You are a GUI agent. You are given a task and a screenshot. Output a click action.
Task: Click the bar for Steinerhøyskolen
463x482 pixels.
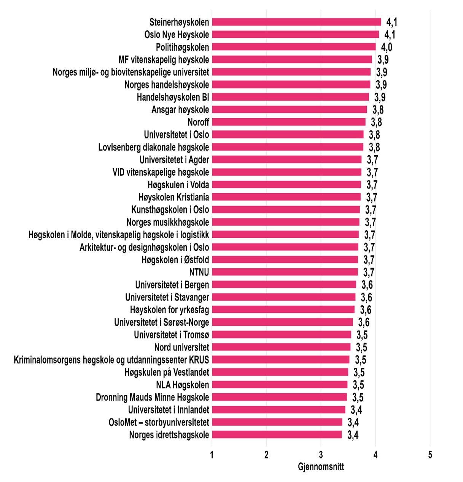296,22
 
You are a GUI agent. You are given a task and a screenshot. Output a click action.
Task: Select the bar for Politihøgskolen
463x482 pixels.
293,47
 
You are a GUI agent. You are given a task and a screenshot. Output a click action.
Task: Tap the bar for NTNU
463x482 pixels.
285,272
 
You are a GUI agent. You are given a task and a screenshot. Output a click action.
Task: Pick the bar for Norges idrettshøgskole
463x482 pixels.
277,435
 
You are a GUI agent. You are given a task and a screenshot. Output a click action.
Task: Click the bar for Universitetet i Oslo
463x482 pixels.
287,135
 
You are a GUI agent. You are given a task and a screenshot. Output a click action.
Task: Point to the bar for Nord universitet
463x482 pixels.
281,347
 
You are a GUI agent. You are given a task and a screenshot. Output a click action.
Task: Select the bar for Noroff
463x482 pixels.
288,122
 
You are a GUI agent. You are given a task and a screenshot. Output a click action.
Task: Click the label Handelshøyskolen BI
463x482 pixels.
173,97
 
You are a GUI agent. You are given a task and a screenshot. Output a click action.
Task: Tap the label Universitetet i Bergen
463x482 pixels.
172,285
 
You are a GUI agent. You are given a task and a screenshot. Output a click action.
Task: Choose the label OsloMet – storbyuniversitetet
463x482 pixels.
159,422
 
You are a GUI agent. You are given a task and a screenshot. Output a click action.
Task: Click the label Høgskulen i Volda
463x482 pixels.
178,185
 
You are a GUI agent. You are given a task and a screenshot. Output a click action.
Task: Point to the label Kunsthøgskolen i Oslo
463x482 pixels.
170,210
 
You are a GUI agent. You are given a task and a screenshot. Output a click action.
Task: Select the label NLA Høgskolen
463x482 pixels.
182,385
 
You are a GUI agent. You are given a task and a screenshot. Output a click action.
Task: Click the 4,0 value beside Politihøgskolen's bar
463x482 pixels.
387,47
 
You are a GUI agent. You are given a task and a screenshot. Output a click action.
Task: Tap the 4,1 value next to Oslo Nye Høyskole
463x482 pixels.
390,35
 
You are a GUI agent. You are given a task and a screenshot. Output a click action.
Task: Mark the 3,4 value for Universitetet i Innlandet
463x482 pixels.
356,410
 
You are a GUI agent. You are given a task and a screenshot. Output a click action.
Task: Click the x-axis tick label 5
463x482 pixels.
430,455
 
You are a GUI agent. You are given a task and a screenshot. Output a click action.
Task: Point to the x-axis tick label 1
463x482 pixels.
212,455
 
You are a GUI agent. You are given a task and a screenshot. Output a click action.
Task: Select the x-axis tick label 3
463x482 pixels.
321,455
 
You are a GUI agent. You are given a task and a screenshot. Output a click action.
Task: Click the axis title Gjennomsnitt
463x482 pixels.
321,467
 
